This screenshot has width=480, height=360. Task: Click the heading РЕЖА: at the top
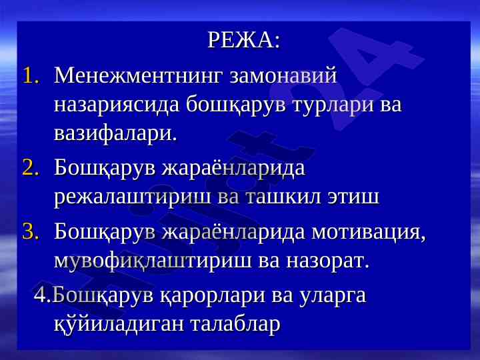(244, 40)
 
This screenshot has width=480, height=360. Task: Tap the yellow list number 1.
(31, 75)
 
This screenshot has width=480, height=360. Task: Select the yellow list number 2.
(31, 168)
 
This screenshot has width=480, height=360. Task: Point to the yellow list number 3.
(31, 231)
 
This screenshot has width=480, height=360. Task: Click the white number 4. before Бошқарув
(43, 295)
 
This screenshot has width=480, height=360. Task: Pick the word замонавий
(283, 75)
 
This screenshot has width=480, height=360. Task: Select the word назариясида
(117, 105)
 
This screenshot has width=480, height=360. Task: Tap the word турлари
(334, 105)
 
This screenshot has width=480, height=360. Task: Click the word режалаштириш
(133, 197)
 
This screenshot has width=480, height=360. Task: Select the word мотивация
(369, 231)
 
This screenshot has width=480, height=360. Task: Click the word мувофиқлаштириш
(152, 261)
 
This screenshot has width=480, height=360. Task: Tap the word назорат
(328, 261)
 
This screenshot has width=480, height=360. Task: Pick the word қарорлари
(213, 296)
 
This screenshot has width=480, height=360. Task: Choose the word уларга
(333, 296)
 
